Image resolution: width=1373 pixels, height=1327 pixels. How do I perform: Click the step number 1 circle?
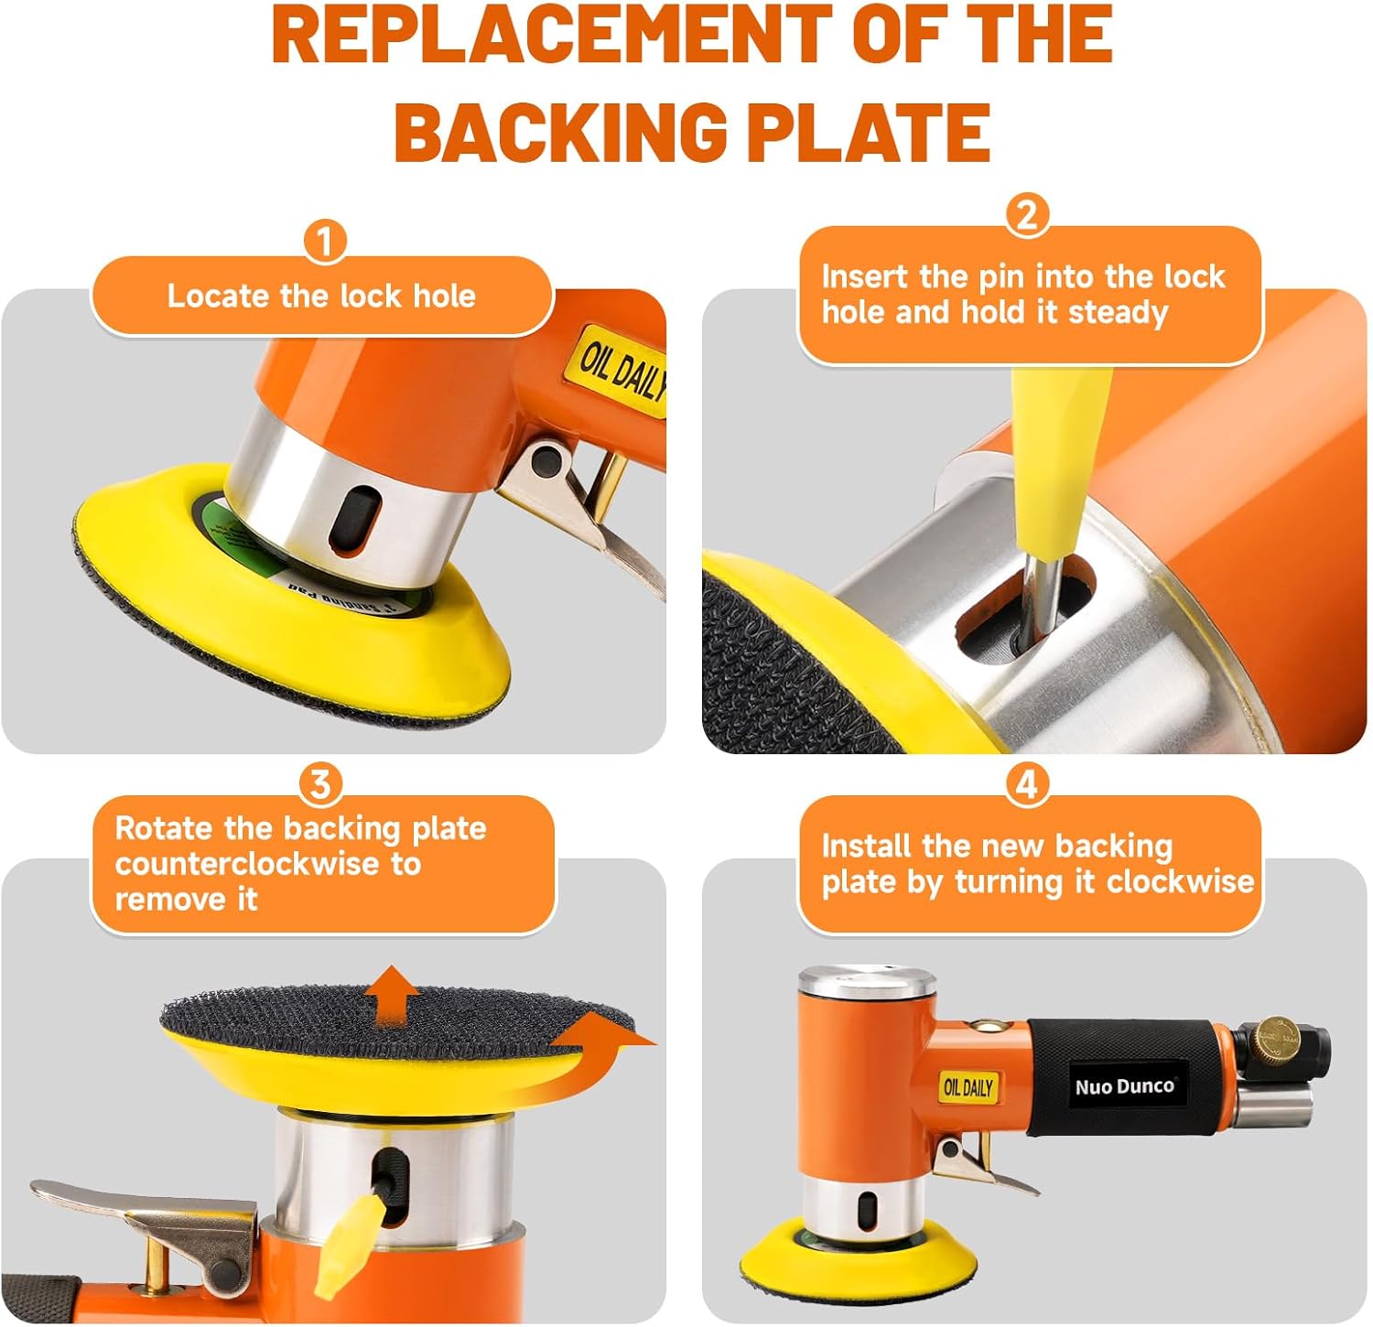coord(324,243)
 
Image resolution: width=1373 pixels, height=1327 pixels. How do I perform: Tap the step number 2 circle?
coord(1027,214)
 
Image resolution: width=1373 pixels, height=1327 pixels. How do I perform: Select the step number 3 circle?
coord(320,784)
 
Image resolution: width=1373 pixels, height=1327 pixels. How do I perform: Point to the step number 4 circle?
coord(1027,784)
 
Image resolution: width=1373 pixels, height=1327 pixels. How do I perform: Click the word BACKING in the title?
coord(561,131)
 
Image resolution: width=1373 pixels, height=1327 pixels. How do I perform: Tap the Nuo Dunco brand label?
coord(1124,1086)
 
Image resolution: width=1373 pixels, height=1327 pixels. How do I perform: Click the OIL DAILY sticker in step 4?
coord(968,1087)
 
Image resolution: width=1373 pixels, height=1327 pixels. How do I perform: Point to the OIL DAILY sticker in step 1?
coord(623,371)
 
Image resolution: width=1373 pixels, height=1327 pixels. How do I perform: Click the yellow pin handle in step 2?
coord(1062,458)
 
